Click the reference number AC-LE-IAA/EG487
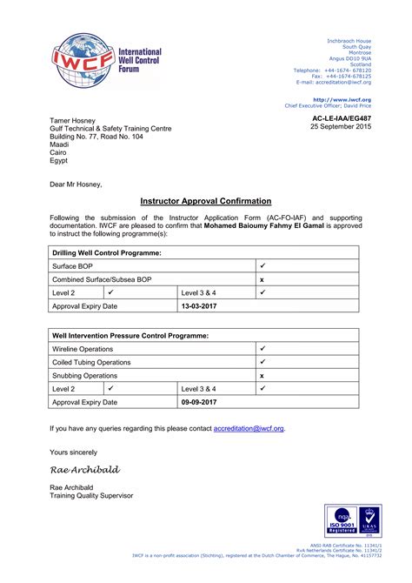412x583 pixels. point(341,117)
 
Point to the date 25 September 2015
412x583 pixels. point(341,127)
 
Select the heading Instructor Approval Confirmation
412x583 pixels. point(206,201)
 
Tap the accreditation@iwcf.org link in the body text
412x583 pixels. point(249,428)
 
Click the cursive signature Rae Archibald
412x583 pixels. point(85,469)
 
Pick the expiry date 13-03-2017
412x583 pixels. point(199,306)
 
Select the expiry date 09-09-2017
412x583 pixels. point(199,402)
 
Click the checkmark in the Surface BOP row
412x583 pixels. point(262,265)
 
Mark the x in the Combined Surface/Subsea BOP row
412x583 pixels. point(262,278)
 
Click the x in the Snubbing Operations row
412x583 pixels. point(262,374)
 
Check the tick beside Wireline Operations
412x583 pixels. point(262,347)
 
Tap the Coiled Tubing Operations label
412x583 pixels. point(91,361)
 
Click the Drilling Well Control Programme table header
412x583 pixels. point(107,251)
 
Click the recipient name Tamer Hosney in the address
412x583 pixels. point(72,120)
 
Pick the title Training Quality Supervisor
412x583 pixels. point(91,495)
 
